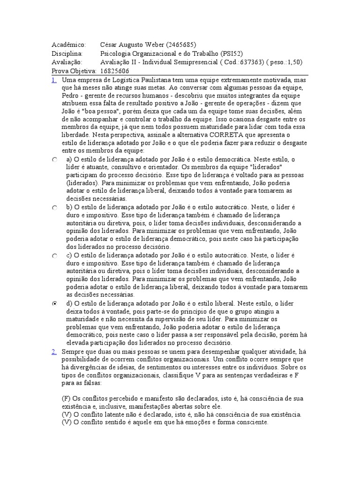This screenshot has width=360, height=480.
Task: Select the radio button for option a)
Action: click(x=55, y=160)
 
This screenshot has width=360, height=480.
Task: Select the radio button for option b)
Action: click(x=55, y=207)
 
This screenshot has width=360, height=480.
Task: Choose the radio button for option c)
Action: click(x=55, y=256)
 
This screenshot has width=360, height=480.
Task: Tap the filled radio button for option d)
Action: click(x=55, y=304)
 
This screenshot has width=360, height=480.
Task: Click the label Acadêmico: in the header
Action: click(x=69, y=45)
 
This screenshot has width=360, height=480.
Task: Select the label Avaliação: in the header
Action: click(x=67, y=62)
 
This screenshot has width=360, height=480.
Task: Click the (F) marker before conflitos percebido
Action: click(x=66, y=398)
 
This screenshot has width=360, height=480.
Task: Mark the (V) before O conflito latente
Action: click(x=66, y=415)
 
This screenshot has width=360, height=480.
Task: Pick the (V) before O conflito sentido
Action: click(x=66, y=422)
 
